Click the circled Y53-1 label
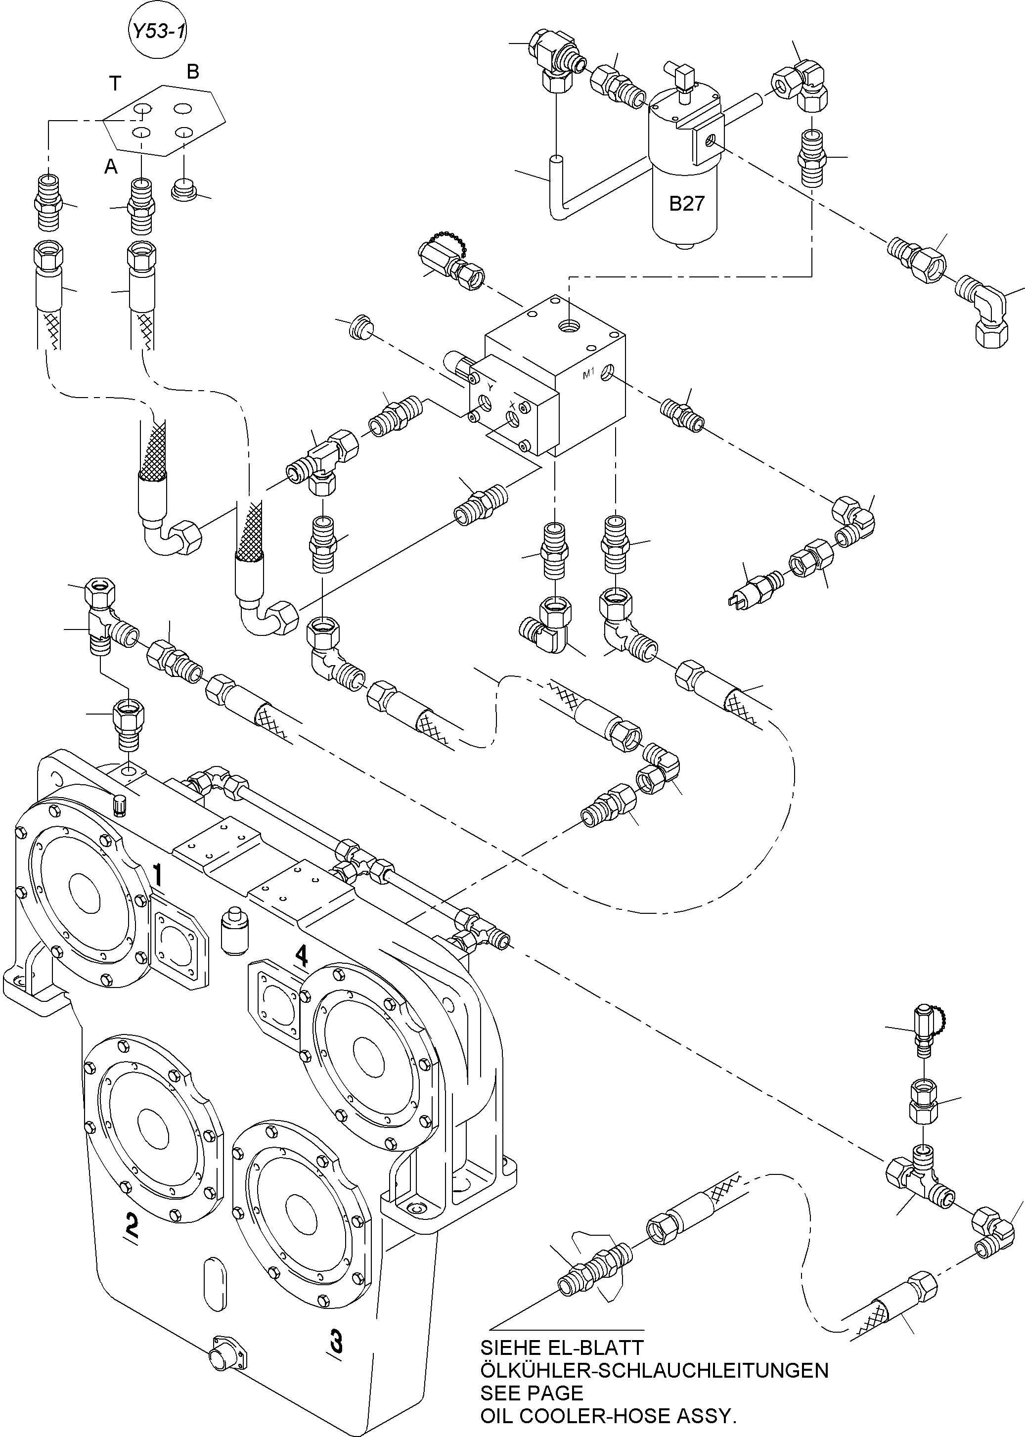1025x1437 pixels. click(156, 31)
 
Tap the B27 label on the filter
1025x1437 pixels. click(686, 204)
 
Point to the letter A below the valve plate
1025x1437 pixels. click(111, 167)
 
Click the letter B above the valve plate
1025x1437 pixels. click(192, 72)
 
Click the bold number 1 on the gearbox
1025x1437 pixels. click(158, 876)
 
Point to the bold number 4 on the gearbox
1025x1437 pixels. click(302, 955)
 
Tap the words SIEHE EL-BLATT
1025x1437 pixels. click(561, 1347)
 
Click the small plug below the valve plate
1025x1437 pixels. click(183, 189)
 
